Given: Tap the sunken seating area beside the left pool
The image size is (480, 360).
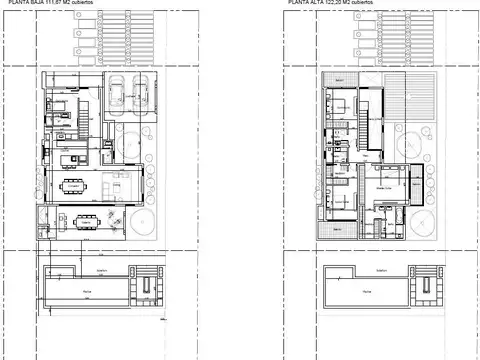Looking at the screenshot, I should [146, 284].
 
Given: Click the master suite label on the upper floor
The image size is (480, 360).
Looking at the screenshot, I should [381, 186].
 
